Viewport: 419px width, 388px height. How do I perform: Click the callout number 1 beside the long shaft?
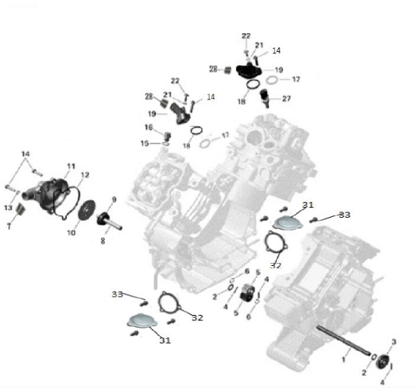[x=344, y=359]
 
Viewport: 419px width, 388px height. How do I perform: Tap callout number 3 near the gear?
[x=393, y=342]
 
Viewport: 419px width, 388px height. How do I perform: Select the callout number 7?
[x=9, y=227]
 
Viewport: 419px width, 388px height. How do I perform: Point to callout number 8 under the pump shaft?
[x=103, y=241]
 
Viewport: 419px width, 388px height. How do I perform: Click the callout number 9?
[x=114, y=200]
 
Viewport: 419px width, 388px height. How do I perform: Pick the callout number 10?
[x=71, y=233]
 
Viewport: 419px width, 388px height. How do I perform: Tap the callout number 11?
[x=71, y=167]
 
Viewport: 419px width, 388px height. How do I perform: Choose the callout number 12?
[x=84, y=175]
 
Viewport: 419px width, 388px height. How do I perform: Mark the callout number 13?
[x=8, y=208]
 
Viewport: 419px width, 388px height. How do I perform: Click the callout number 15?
[x=145, y=143]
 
